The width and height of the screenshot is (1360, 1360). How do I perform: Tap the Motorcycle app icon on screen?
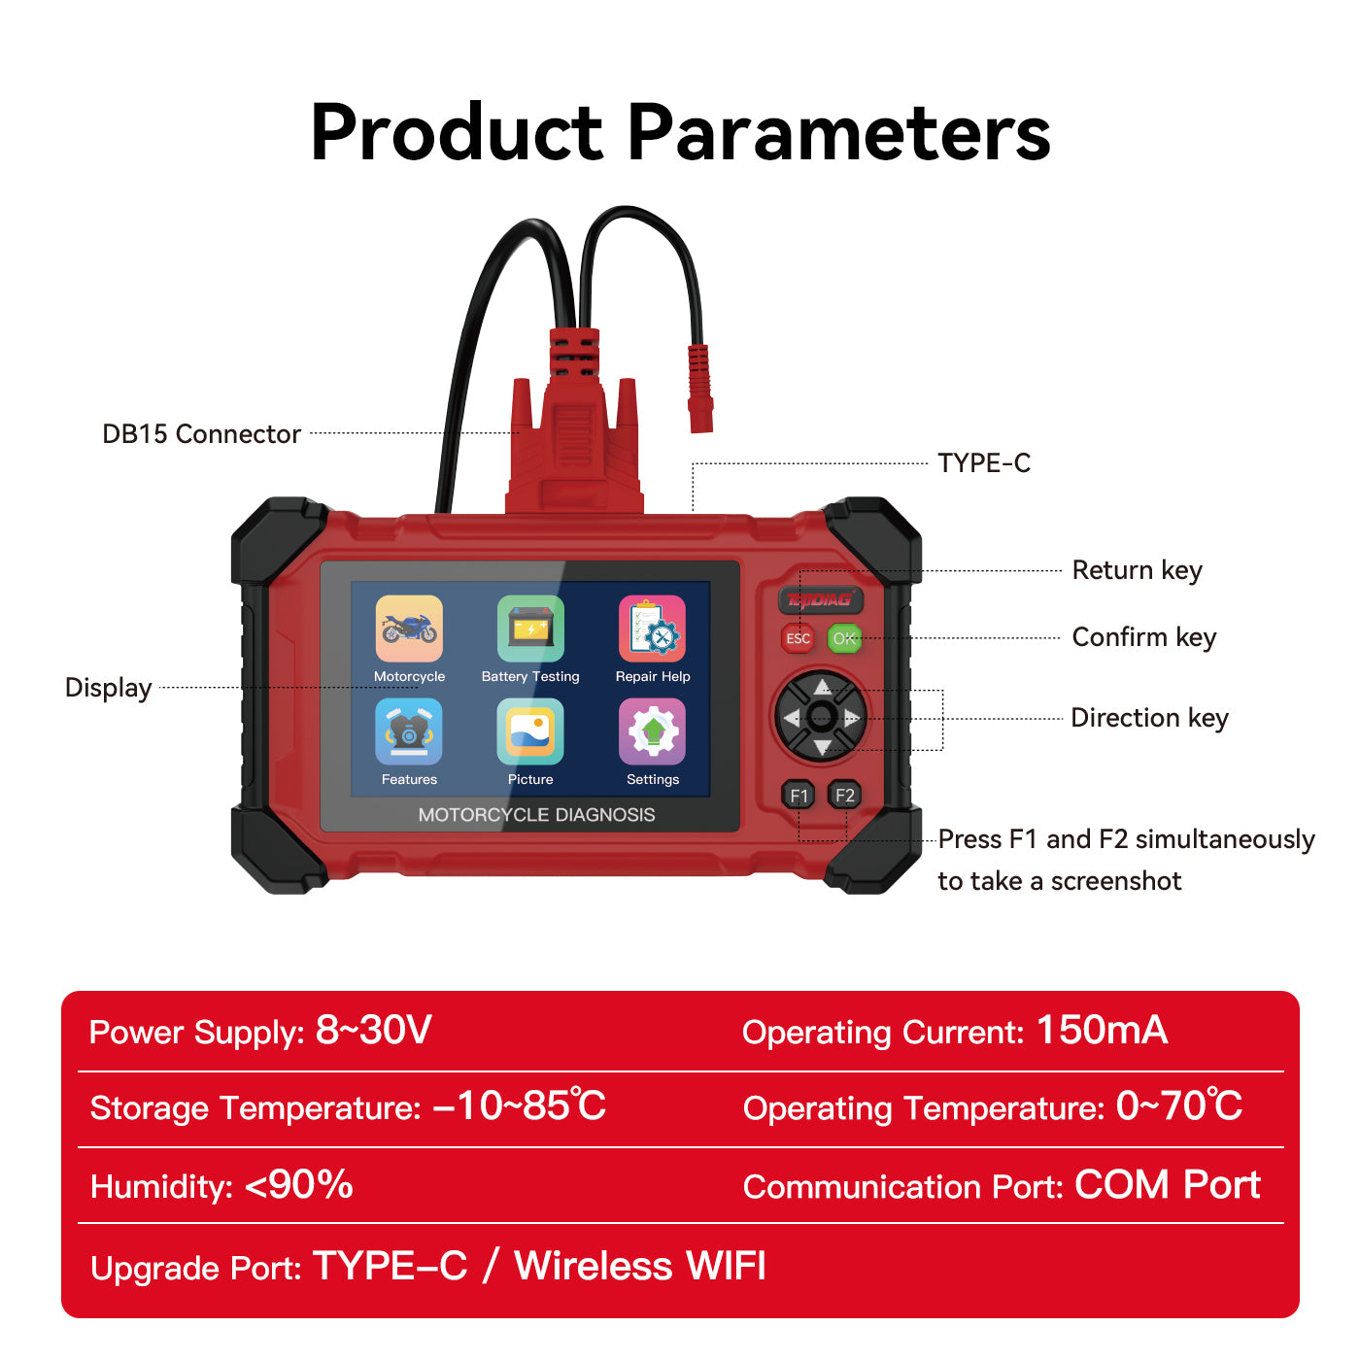409,629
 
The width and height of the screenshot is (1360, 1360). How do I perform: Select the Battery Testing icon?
530,629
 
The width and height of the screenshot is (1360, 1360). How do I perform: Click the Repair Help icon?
652,629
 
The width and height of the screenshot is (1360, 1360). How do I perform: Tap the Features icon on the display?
409,731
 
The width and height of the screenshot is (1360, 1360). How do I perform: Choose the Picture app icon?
530,731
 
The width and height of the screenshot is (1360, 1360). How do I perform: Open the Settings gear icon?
652,731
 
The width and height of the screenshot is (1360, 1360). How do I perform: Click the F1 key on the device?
799,796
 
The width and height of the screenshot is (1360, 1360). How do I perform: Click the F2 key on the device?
844,796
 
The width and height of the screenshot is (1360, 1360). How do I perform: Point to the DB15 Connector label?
201,434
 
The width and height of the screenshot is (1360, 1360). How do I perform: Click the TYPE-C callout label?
983,463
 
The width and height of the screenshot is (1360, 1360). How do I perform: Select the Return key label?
1137,570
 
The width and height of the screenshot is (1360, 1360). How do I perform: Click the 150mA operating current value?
1102,1031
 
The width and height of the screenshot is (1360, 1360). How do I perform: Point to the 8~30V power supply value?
374,1031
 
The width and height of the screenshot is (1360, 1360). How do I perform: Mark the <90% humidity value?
299,1185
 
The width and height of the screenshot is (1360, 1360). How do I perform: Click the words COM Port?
1167,1185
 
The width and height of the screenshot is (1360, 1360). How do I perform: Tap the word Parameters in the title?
839,133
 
